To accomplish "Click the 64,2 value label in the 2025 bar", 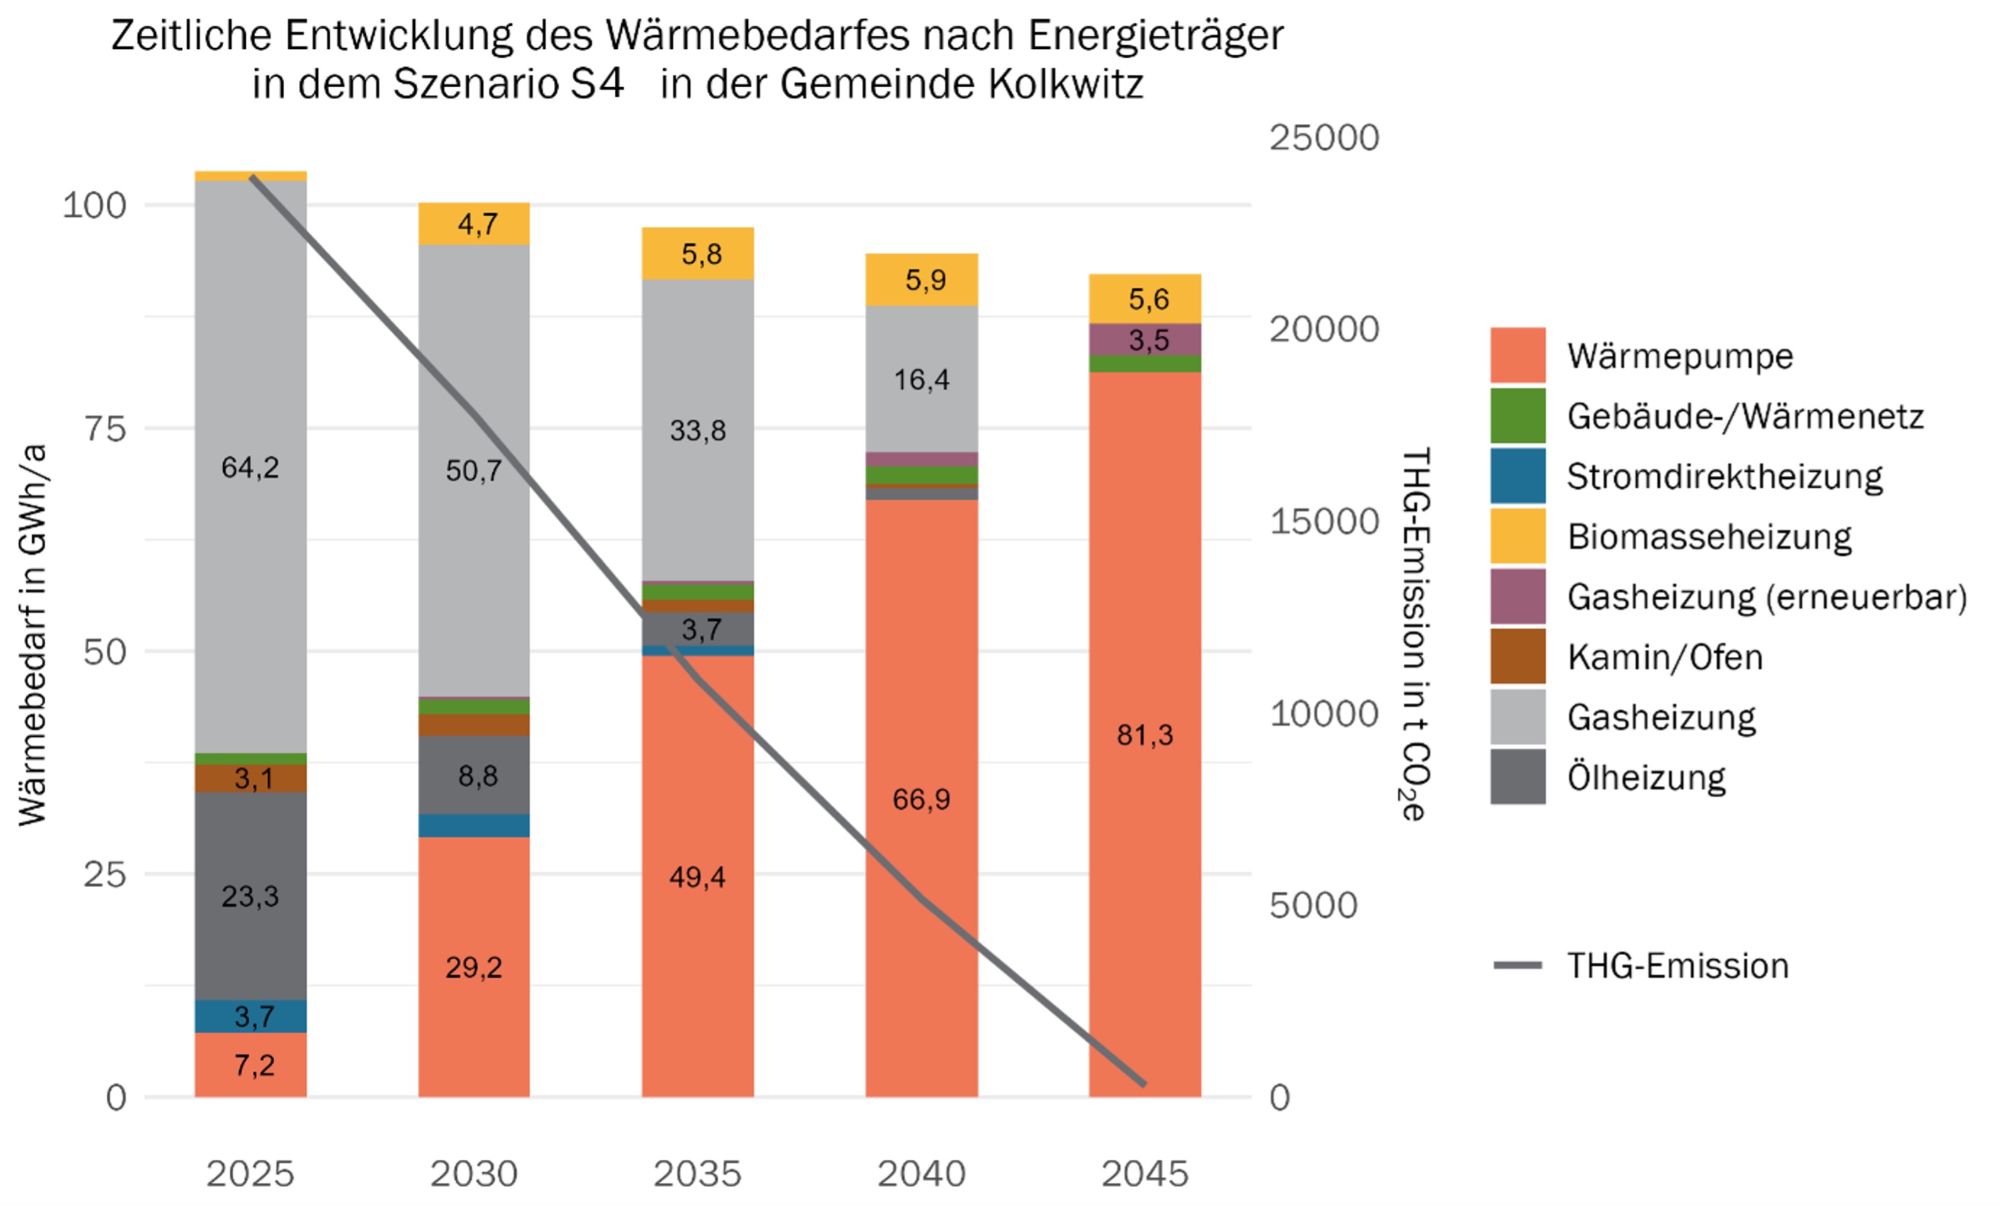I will point(250,467).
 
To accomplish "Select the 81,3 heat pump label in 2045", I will point(1144,735).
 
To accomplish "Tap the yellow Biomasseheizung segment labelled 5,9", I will point(921,280).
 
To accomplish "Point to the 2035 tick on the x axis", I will point(697,1173).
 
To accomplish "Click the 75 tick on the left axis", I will point(105,429).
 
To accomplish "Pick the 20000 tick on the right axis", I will point(1324,329).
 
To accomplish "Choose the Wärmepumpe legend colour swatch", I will point(1517,356).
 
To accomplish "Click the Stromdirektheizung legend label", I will point(1724,476).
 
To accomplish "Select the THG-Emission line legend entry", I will point(1677,966).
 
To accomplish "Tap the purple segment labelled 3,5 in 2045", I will point(1145,339).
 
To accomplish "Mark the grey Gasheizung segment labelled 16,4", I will point(921,379).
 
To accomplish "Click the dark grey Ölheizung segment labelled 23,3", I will point(250,896).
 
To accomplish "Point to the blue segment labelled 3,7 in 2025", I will point(250,1016).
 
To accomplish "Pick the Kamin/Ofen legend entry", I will point(1664,657).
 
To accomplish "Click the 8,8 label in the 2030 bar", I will point(477,776).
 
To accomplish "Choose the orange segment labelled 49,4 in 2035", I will point(697,876).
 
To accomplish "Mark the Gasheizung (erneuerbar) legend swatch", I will point(1517,597).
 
